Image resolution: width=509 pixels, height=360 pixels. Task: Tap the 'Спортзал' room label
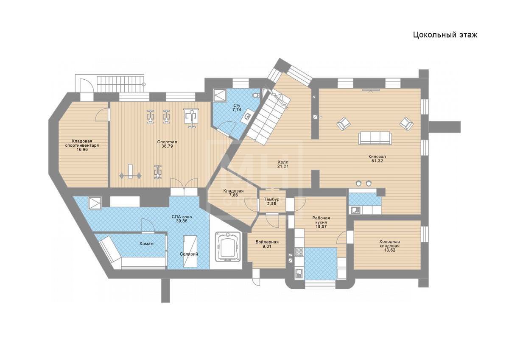167,142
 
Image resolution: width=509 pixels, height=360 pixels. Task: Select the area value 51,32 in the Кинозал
377,161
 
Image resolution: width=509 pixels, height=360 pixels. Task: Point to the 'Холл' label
283,162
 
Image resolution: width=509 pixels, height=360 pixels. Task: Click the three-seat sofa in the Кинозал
375,138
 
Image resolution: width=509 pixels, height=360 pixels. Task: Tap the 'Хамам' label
146,244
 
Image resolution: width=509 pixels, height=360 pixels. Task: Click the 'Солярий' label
189,254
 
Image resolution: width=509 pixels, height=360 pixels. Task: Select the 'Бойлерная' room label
267,242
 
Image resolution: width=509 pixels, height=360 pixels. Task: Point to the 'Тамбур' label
271,199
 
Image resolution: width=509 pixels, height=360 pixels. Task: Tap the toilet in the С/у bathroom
256,95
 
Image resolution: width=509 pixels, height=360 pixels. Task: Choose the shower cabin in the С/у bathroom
220,95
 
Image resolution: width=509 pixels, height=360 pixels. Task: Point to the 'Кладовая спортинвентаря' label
82,143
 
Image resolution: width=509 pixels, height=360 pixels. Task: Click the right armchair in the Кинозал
406,123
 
